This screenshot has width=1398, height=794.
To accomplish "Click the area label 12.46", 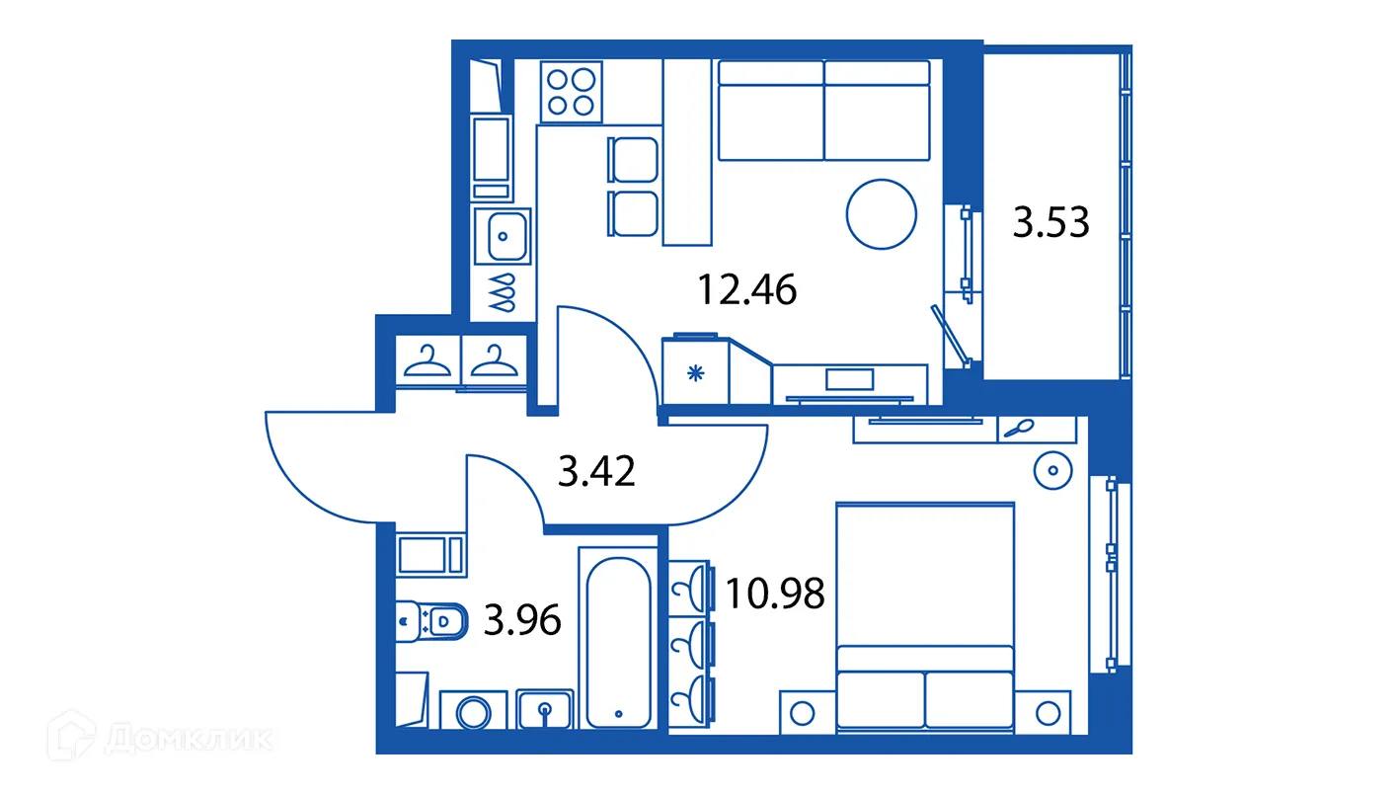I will point(746,290).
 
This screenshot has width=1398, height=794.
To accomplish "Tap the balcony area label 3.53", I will point(1051,222).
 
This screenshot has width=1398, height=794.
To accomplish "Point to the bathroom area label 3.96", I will point(522,620).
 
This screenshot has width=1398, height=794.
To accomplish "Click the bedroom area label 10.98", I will point(774,593).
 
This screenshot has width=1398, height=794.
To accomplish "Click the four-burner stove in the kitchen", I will point(572,91).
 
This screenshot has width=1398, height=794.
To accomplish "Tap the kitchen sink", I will point(504,235).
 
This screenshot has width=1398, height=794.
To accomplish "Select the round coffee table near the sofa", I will point(882,214).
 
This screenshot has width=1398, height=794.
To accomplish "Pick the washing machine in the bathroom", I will point(473,710).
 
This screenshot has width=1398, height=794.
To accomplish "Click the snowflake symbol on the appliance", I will point(695,373).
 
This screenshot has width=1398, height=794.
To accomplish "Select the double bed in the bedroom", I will point(925,617).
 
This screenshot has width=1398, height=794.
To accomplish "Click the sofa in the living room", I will point(824,110).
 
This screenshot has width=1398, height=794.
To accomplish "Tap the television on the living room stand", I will point(849,378).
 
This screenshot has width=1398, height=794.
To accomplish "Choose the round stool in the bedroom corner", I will point(1051,470).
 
